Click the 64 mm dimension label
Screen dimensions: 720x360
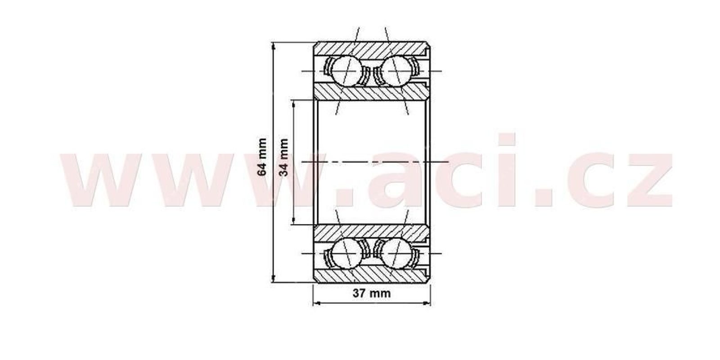click(263, 157)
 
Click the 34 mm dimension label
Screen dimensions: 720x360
click(283, 157)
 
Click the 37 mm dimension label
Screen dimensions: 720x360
click(372, 293)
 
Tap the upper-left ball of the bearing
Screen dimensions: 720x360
click(346, 71)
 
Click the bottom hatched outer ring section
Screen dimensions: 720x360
click(372, 275)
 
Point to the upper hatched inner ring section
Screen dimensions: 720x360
click(372, 92)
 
